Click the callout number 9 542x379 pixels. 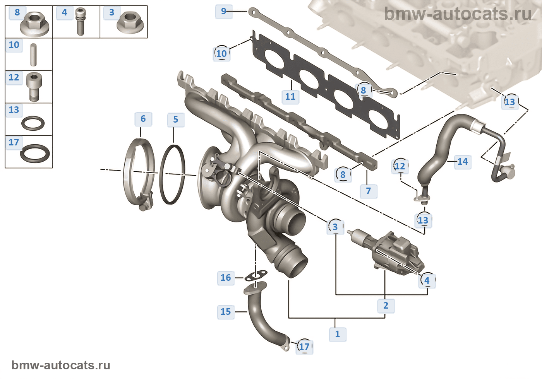pos(223,11)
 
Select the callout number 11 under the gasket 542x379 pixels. pos(290,97)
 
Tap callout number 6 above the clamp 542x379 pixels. pos(143,119)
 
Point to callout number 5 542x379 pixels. pos(175,120)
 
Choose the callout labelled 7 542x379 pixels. pos(368,191)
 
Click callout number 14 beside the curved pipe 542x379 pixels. pos(463,162)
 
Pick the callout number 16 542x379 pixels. pos(225,278)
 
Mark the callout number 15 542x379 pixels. pos(225,312)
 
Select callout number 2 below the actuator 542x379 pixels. pos(386,306)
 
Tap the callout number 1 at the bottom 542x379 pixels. pos(337,334)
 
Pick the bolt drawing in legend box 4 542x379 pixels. pos(80,22)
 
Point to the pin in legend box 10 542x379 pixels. pos(33,55)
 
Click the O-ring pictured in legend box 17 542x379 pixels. pos(35,153)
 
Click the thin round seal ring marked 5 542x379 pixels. pos(172,174)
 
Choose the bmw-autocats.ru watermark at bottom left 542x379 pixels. pos(61,365)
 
